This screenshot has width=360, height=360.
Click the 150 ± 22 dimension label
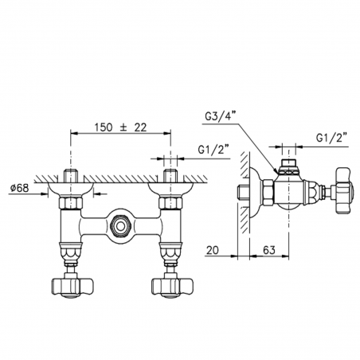click(x=120, y=127)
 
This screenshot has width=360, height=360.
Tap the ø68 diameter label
click(x=19, y=188)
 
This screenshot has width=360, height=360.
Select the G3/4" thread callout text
click(x=221, y=117)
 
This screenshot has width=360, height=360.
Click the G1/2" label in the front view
click(x=213, y=151)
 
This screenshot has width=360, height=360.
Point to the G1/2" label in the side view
click(x=331, y=138)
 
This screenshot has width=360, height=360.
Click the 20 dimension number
click(x=212, y=250)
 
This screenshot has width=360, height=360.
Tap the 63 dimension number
click(x=269, y=250)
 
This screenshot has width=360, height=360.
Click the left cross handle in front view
click(x=72, y=288)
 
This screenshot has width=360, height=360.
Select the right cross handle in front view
click(x=172, y=288)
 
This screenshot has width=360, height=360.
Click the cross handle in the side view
click(x=346, y=190)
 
